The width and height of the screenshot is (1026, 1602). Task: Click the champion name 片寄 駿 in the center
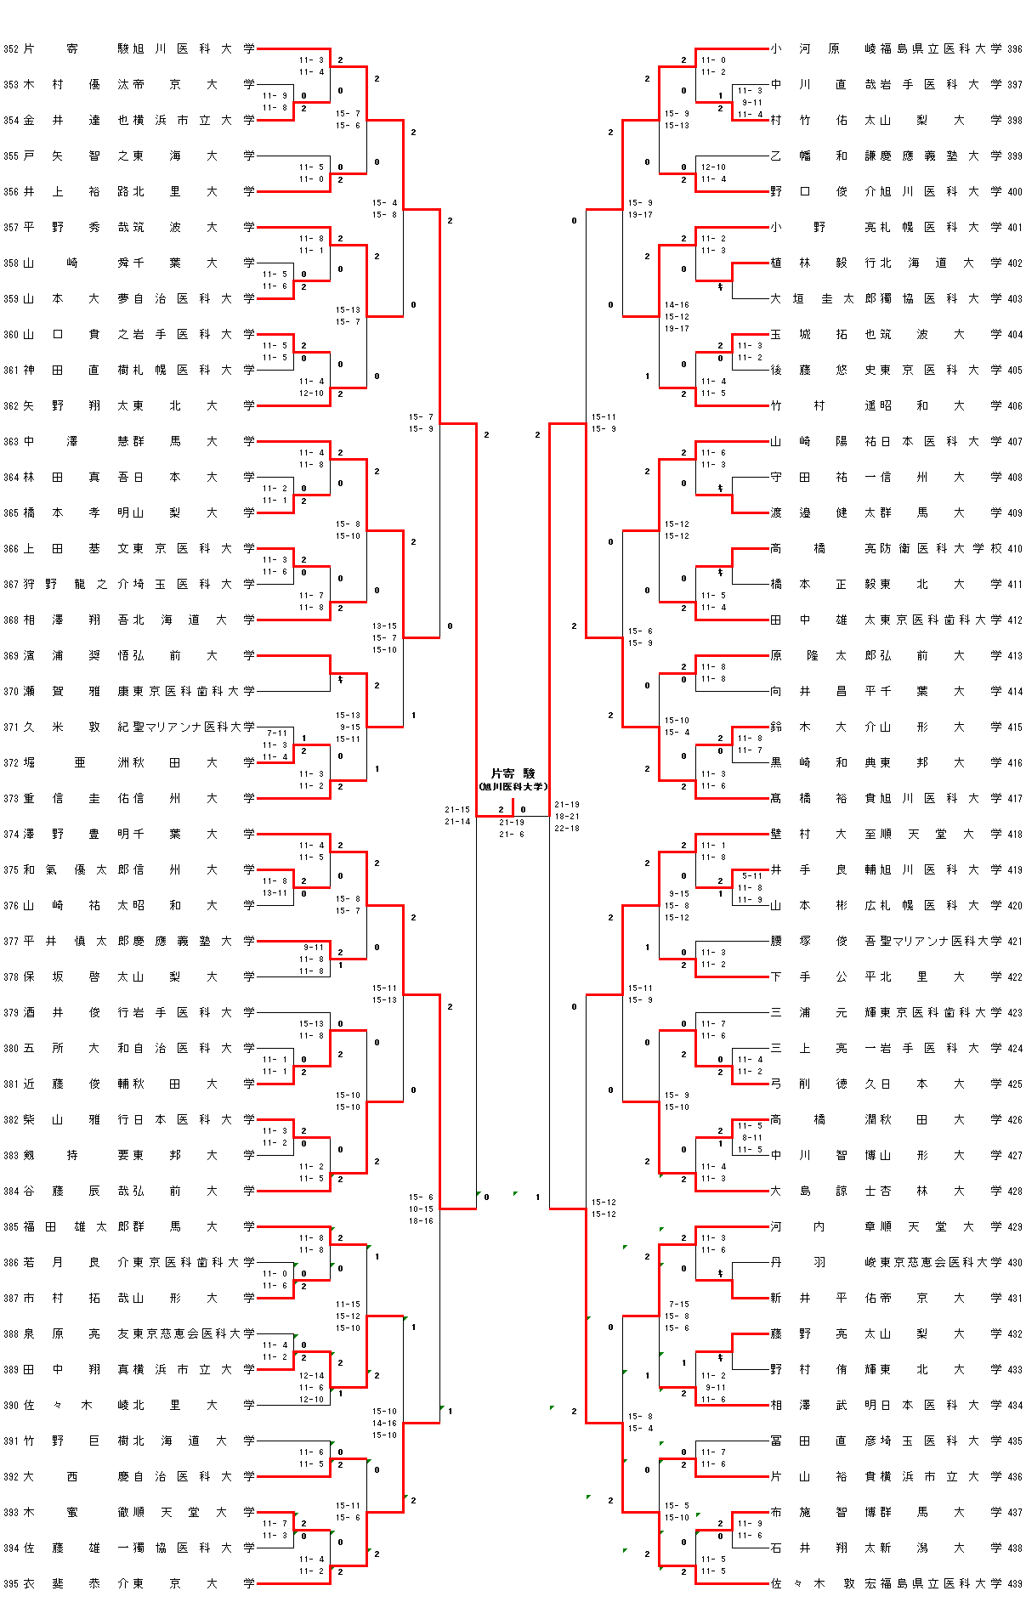(513, 773)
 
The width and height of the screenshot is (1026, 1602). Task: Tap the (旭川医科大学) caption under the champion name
(513, 787)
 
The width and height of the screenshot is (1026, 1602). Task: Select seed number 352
(10, 49)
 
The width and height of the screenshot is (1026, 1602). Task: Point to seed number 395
(10, 1584)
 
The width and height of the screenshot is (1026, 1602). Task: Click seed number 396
(1015, 49)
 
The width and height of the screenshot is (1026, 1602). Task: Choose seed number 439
(1015, 1584)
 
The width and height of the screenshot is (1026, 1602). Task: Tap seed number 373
(10, 799)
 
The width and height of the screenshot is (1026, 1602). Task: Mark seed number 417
(1015, 799)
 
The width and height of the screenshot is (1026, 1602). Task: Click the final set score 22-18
(567, 829)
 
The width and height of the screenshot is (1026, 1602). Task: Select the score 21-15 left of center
(457, 810)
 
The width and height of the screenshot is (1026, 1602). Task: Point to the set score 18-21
(567, 817)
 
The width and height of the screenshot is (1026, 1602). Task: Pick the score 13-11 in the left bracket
(275, 893)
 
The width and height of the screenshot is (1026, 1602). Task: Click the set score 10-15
(421, 1209)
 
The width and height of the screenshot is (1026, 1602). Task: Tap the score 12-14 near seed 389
(311, 1376)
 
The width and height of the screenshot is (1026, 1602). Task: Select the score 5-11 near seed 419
(752, 876)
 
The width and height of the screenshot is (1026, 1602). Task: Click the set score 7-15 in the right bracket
(678, 1305)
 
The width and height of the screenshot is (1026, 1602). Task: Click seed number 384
(10, 1192)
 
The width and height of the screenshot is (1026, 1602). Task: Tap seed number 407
(1015, 442)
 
